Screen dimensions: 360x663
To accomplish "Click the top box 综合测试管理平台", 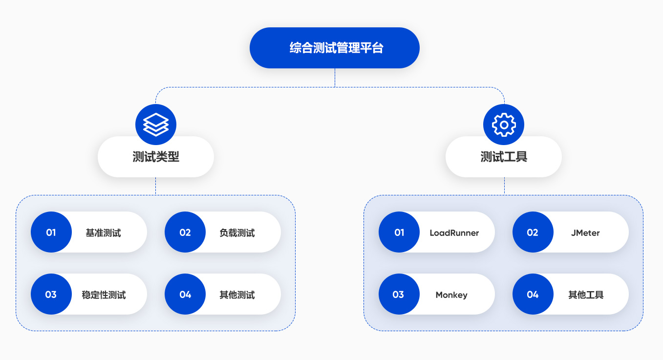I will pyautogui.click(x=335, y=48).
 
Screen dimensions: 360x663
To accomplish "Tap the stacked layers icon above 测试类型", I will pyautogui.click(x=156, y=125).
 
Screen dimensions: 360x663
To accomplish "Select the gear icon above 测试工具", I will pyautogui.click(x=504, y=125).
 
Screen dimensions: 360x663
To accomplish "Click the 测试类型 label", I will pyautogui.click(x=156, y=157).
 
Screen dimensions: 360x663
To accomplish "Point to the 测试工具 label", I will pyautogui.click(x=504, y=157).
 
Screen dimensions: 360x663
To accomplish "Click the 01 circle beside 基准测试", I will pyautogui.click(x=51, y=233).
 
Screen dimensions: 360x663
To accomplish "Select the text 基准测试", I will pyautogui.click(x=103, y=233).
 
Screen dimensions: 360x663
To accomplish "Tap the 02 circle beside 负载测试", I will pyautogui.click(x=185, y=233).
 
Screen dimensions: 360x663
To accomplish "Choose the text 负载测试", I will pyautogui.click(x=237, y=233).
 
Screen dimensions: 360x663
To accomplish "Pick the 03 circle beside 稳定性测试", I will pyautogui.click(x=51, y=295).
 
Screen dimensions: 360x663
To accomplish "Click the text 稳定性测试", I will pyautogui.click(x=104, y=295).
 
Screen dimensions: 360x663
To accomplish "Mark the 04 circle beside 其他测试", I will pyautogui.click(x=185, y=295).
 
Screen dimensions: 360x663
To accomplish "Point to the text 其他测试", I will pyautogui.click(x=237, y=295).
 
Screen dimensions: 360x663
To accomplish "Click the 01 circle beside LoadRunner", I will pyautogui.click(x=399, y=233).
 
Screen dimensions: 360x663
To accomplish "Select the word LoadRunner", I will pyautogui.click(x=454, y=233).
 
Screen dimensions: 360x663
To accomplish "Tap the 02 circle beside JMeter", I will pyautogui.click(x=533, y=233).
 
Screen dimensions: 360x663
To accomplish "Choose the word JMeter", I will pyautogui.click(x=585, y=233).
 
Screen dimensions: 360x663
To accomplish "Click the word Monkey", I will pyautogui.click(x=451, y=295).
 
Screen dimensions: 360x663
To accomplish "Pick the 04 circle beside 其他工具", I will pyautogui.click(x=533, y=295).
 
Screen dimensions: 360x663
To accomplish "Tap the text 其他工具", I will pyautogui.click(x=586, y=295).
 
